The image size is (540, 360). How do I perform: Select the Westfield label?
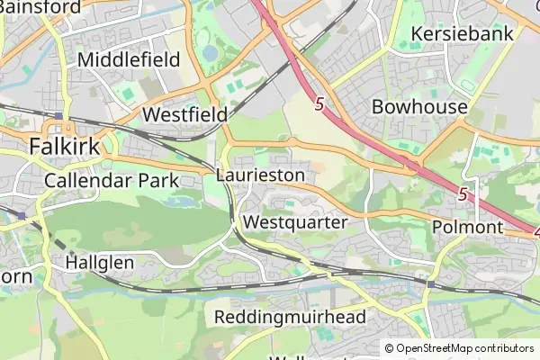[184, 115]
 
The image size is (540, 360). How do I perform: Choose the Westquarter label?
[295, 221]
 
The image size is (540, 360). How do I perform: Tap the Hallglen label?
[100, 263]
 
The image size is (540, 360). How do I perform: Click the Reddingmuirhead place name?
[289, 317]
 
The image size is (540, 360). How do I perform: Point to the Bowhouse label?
[420, 107]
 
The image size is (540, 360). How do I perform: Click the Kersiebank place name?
[462, 34]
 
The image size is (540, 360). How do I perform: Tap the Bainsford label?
[36, 7]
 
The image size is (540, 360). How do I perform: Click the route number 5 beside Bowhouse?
[319, 105]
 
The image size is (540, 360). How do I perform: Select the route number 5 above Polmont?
[463, 193]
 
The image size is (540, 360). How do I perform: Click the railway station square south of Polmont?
[430, 284]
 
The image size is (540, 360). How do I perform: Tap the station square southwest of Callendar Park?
[20, 215]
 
